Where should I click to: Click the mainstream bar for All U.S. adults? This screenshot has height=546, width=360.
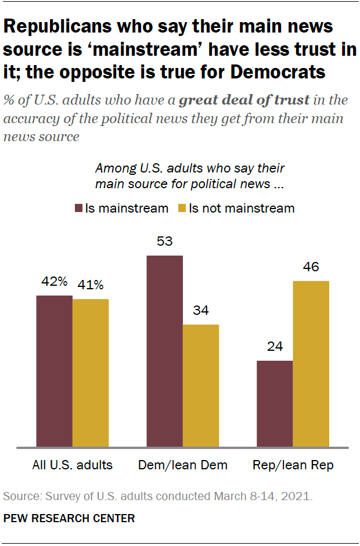(x=55, y=372)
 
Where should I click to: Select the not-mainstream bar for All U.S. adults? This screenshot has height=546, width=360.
(x=91, y=373)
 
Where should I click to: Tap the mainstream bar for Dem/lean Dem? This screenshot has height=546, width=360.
(x=164, y=351)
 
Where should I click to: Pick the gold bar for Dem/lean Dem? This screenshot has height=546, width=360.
(x=200, y=386)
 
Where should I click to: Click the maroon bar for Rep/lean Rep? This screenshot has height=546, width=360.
(x=275, y=404)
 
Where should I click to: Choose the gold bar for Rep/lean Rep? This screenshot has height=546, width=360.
(x=311, y=364)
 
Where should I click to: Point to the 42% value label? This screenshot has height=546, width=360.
(x=55, y=282)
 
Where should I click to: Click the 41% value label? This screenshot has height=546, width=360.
(x=91, y=285)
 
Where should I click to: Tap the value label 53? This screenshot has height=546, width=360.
(x=164, y=241)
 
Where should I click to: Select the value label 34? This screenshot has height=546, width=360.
(x=200, y=311)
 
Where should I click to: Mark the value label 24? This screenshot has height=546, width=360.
(x=275, y=347)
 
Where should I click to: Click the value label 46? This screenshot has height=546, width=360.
(x=311, y=267)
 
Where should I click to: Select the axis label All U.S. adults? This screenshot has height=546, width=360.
(x=72, y=465)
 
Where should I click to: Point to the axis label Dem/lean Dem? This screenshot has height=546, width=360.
(x=182, y=465)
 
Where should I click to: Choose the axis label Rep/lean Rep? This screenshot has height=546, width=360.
(x=293, y=465)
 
